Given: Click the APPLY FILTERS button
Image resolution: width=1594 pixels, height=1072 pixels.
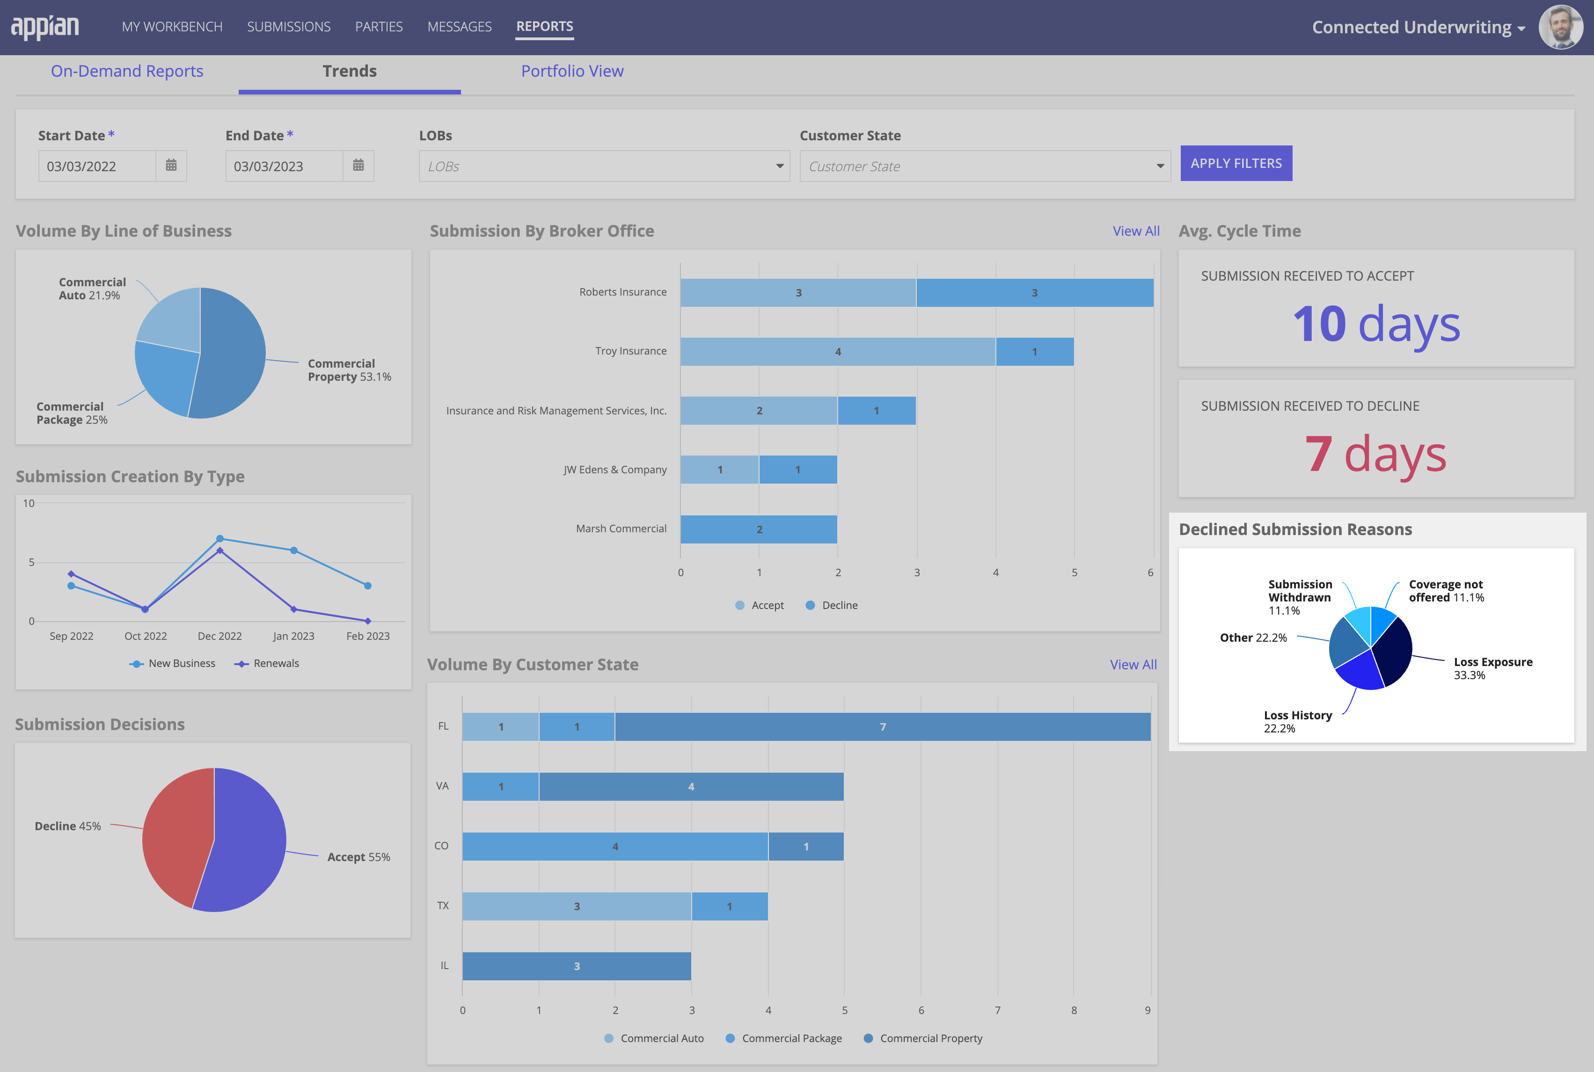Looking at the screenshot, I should tap(1236, 163).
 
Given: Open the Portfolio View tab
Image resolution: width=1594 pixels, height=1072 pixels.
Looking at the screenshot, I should tap(572, 71).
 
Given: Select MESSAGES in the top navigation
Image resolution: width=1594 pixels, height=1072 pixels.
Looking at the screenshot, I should tap(459, 27).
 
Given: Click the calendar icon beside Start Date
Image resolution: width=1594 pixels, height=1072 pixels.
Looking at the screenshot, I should tap(171, 166).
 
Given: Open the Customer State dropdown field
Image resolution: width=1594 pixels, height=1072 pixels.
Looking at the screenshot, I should tap(985, 166).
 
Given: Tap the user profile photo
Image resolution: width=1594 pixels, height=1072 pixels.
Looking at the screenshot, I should tap(1560, 27).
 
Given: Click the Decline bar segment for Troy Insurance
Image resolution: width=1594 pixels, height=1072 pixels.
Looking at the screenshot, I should tap(1034, 351).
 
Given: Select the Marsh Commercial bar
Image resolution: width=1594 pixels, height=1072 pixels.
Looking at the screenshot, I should tap(758, 529).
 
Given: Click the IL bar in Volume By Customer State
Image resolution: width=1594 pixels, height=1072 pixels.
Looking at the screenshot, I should tap(576, 966).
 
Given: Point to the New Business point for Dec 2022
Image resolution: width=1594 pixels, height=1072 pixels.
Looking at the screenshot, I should tap(219, 539).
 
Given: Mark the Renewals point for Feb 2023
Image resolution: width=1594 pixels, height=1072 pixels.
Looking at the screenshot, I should tap(367, 621).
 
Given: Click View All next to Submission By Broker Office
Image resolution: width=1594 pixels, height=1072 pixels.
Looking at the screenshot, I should tap(1136, 231).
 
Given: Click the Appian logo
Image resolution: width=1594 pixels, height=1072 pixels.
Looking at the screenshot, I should tap(45, 27).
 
